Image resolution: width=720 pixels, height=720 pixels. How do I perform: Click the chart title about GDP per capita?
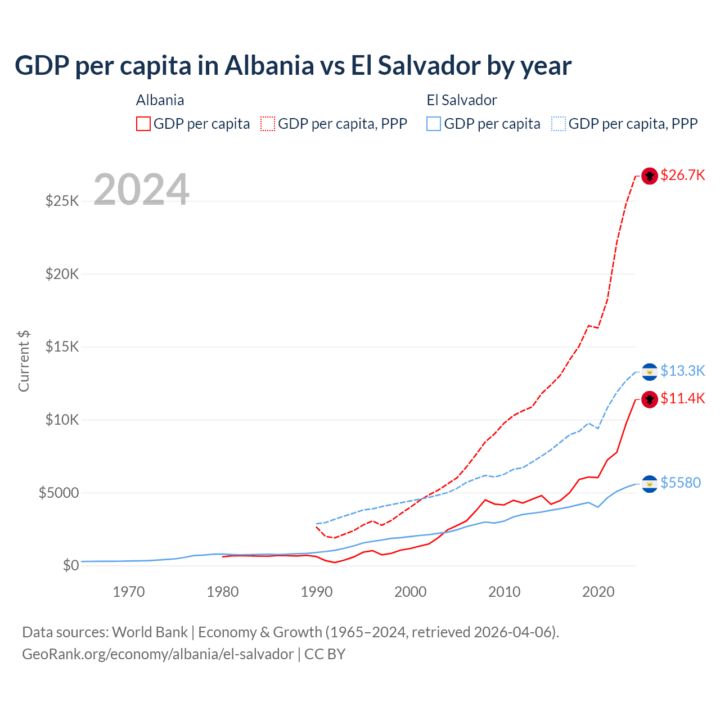pyautogui.click(x=292, y=66)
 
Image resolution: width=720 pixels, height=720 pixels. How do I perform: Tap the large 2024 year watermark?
pyautogui.click(x=141, y=190)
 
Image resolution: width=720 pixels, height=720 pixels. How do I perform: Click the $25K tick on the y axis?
pyautogui.click(x=62, y=201)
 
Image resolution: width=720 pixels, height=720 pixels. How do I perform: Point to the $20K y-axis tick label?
pyautogui.click(x=62, y=274)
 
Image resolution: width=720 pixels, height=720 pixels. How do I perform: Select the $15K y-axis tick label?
pyautogui.click(x=62, y=346)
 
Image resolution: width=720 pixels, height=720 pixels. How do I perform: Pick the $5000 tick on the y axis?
pyautogui.click(x=58, y=493)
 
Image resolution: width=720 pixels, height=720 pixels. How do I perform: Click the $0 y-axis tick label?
pyautogui.click(x=70, y=565)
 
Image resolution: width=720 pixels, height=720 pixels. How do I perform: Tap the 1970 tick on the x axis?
pyautogui.click(x=129, y=592)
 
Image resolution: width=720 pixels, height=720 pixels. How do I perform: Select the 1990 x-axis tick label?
pyautogui.click(x=317, y=592)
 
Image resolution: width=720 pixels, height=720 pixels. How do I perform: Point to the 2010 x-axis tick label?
pyautogui.click(x=504, y=592)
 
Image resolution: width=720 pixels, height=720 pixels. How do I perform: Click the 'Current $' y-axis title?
pyautogui.click(x=24, y=361)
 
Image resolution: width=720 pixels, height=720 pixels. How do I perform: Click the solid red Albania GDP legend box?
pyautogui.click(x=143, y=124)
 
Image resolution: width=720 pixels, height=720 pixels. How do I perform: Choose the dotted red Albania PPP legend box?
pyautogui.click(x=268, y=124)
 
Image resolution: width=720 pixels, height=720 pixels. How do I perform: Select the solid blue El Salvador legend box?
pyautogui.click(x=434, y=124)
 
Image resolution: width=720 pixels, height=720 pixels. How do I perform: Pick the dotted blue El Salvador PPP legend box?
pyautogui.click(x=559, y=124)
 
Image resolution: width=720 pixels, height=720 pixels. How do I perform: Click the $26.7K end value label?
pyautogui.click(x=682, y=175)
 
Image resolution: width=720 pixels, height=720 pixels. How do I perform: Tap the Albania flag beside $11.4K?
pyautogui.click(x=650, y=399)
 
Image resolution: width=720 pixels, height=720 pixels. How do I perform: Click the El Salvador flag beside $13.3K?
pyautogui.click(x=650, y=372)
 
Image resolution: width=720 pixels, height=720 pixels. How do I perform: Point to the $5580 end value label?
pyautogui.click(x=681, y=483)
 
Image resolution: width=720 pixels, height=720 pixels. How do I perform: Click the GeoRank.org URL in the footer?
pyautogui.click(x=157, y=654)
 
